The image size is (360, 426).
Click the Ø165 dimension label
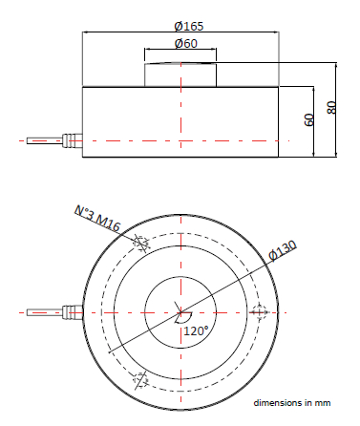click(189, 26)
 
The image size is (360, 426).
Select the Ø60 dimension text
click(186, 43)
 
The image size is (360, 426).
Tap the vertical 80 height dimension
click(331, 108)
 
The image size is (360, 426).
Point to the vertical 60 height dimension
click(309, 120)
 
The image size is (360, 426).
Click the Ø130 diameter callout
click(283, 250)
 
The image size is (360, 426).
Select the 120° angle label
click(196, 331)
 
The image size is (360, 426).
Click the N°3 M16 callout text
click(97, 219)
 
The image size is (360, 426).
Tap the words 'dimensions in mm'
click(292, 403)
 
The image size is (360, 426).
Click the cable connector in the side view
click(73, 140)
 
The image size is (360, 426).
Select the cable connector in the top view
click(73, 312)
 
